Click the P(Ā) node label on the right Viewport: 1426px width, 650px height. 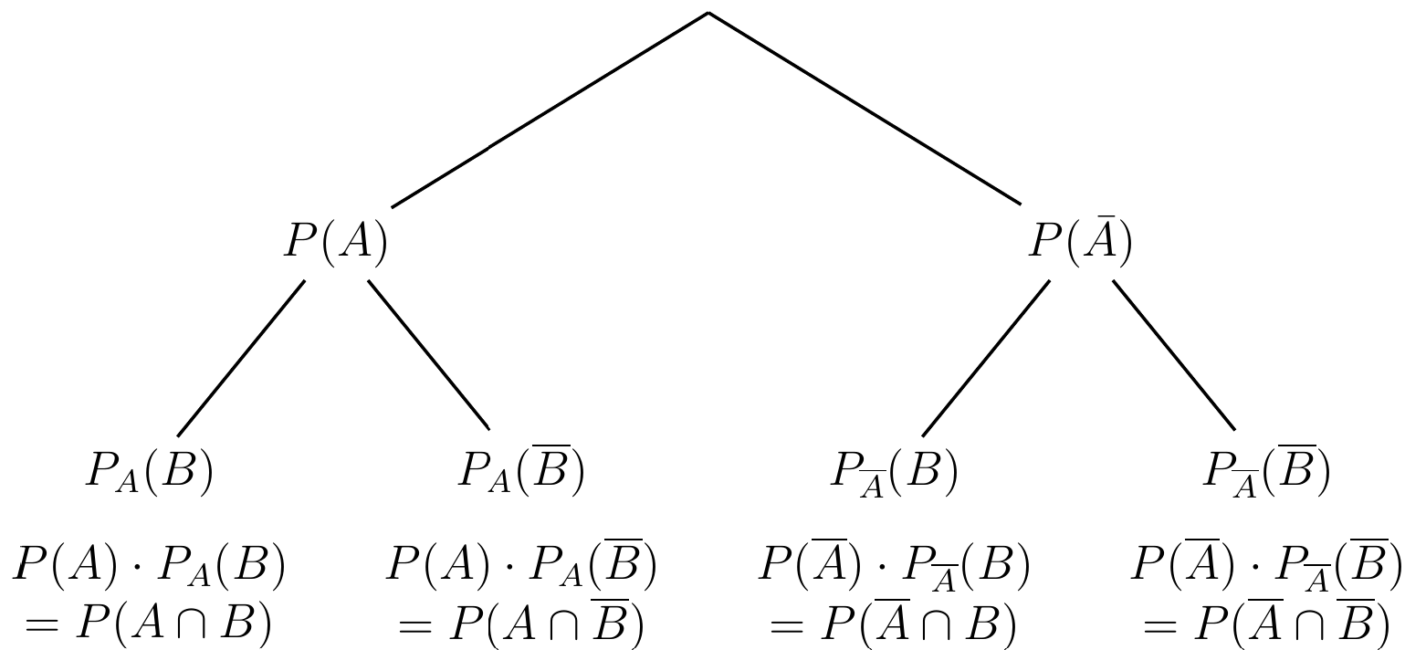coord(1081,241)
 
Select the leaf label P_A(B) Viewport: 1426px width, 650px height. coord(150,472)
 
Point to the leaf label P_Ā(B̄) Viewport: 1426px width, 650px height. coord(1266,471)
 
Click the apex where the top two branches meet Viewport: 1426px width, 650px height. coord(708,13)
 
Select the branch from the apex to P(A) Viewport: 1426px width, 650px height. coord(550,110)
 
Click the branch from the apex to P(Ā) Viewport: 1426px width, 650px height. coord(865,109)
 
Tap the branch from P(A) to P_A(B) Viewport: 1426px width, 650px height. coord(241,359)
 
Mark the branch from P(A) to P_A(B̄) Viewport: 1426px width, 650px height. coord(428,354)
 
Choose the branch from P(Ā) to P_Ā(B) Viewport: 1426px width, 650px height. coord(985,359)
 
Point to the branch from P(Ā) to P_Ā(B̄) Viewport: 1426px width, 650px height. coord(1174,355)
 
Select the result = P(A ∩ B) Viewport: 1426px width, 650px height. coord(149,623)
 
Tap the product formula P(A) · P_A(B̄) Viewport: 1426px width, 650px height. coord(521,563)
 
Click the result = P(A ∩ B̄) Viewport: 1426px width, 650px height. coord(521,622)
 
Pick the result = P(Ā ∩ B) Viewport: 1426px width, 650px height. coord(893,622)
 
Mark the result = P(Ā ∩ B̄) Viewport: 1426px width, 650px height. coord(1266,622)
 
